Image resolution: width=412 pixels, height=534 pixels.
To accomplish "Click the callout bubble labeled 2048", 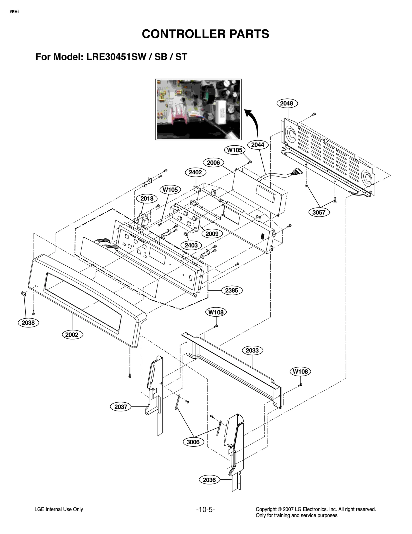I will [287, 103].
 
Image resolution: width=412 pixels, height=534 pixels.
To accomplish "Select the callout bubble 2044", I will [258, 145].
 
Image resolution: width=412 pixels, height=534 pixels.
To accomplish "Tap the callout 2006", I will [213, 163].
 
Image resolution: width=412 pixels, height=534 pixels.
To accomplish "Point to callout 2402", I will [195, 172].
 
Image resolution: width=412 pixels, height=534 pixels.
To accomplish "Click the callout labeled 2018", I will [147, 198].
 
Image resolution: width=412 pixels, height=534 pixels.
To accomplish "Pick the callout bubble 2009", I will [212, 234].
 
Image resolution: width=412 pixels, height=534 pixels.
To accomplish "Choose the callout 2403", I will [191, 245].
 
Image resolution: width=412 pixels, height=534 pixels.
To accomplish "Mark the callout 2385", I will [231, 290].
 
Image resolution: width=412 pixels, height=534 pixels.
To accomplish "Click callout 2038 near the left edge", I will [28, 323].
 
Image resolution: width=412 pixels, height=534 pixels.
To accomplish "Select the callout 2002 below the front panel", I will [72, 335].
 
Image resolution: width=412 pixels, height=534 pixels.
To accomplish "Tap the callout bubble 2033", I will [252, 350].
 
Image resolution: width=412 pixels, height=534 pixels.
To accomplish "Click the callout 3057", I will [319, 212].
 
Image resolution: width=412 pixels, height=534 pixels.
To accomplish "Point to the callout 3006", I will [193, 442].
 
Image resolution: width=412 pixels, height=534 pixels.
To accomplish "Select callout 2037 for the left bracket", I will [121, 407].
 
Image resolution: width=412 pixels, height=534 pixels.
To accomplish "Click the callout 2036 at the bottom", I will [209, 480].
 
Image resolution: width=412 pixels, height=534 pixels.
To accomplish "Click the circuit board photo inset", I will [198, 109].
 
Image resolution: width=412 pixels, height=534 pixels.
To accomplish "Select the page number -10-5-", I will [205, 510].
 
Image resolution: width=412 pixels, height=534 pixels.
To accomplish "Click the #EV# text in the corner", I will [15, 12].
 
